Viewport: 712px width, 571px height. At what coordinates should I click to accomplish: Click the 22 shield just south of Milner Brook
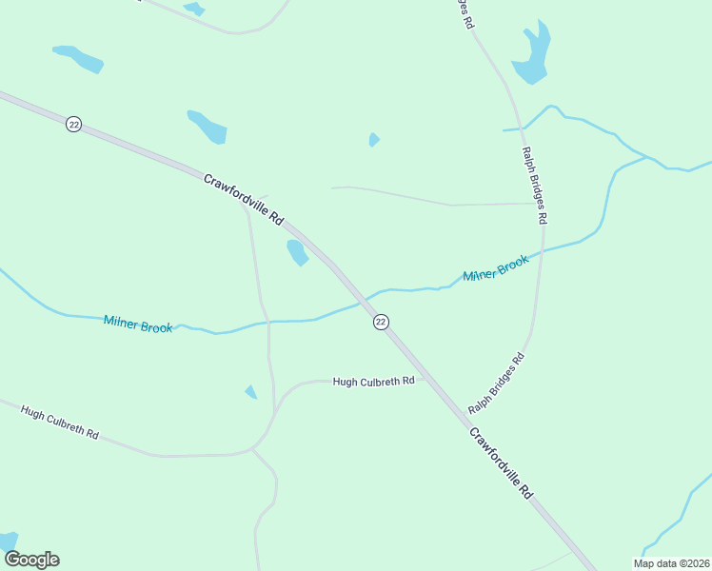pos(381,322)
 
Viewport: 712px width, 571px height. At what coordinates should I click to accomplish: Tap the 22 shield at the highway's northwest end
pos(73,125)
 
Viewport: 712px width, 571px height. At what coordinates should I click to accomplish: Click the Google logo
pos(31,560)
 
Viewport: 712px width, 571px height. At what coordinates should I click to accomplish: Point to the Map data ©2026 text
pos(670,563)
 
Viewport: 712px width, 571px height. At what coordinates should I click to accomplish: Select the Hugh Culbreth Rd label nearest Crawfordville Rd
pos(373,381)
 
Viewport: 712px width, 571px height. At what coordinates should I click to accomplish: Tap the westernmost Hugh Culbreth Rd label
pos(60,423)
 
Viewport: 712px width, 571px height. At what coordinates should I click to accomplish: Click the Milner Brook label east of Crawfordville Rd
pos(495,269)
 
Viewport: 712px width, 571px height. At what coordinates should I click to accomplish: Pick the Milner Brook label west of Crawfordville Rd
pos(138,325)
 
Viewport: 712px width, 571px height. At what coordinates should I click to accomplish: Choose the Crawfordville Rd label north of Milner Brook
pos(244,198)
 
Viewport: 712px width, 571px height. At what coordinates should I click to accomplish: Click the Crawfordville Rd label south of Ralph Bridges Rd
pos(500,463)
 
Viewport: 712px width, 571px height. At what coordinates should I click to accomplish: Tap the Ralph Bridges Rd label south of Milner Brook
pos(496,384)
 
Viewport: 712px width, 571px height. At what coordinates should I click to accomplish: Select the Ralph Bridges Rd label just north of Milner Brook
pos(534,185)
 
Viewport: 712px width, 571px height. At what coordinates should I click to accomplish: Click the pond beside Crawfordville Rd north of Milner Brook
pos(297,252)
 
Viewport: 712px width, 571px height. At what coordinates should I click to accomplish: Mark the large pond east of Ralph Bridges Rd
pos(532,53)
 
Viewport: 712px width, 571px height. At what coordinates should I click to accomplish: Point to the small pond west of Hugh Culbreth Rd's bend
pos(251,392)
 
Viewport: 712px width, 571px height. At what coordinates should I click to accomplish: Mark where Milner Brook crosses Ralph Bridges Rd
pos(542,253)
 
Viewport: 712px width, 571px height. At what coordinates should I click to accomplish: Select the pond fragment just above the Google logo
pos(8,541)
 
